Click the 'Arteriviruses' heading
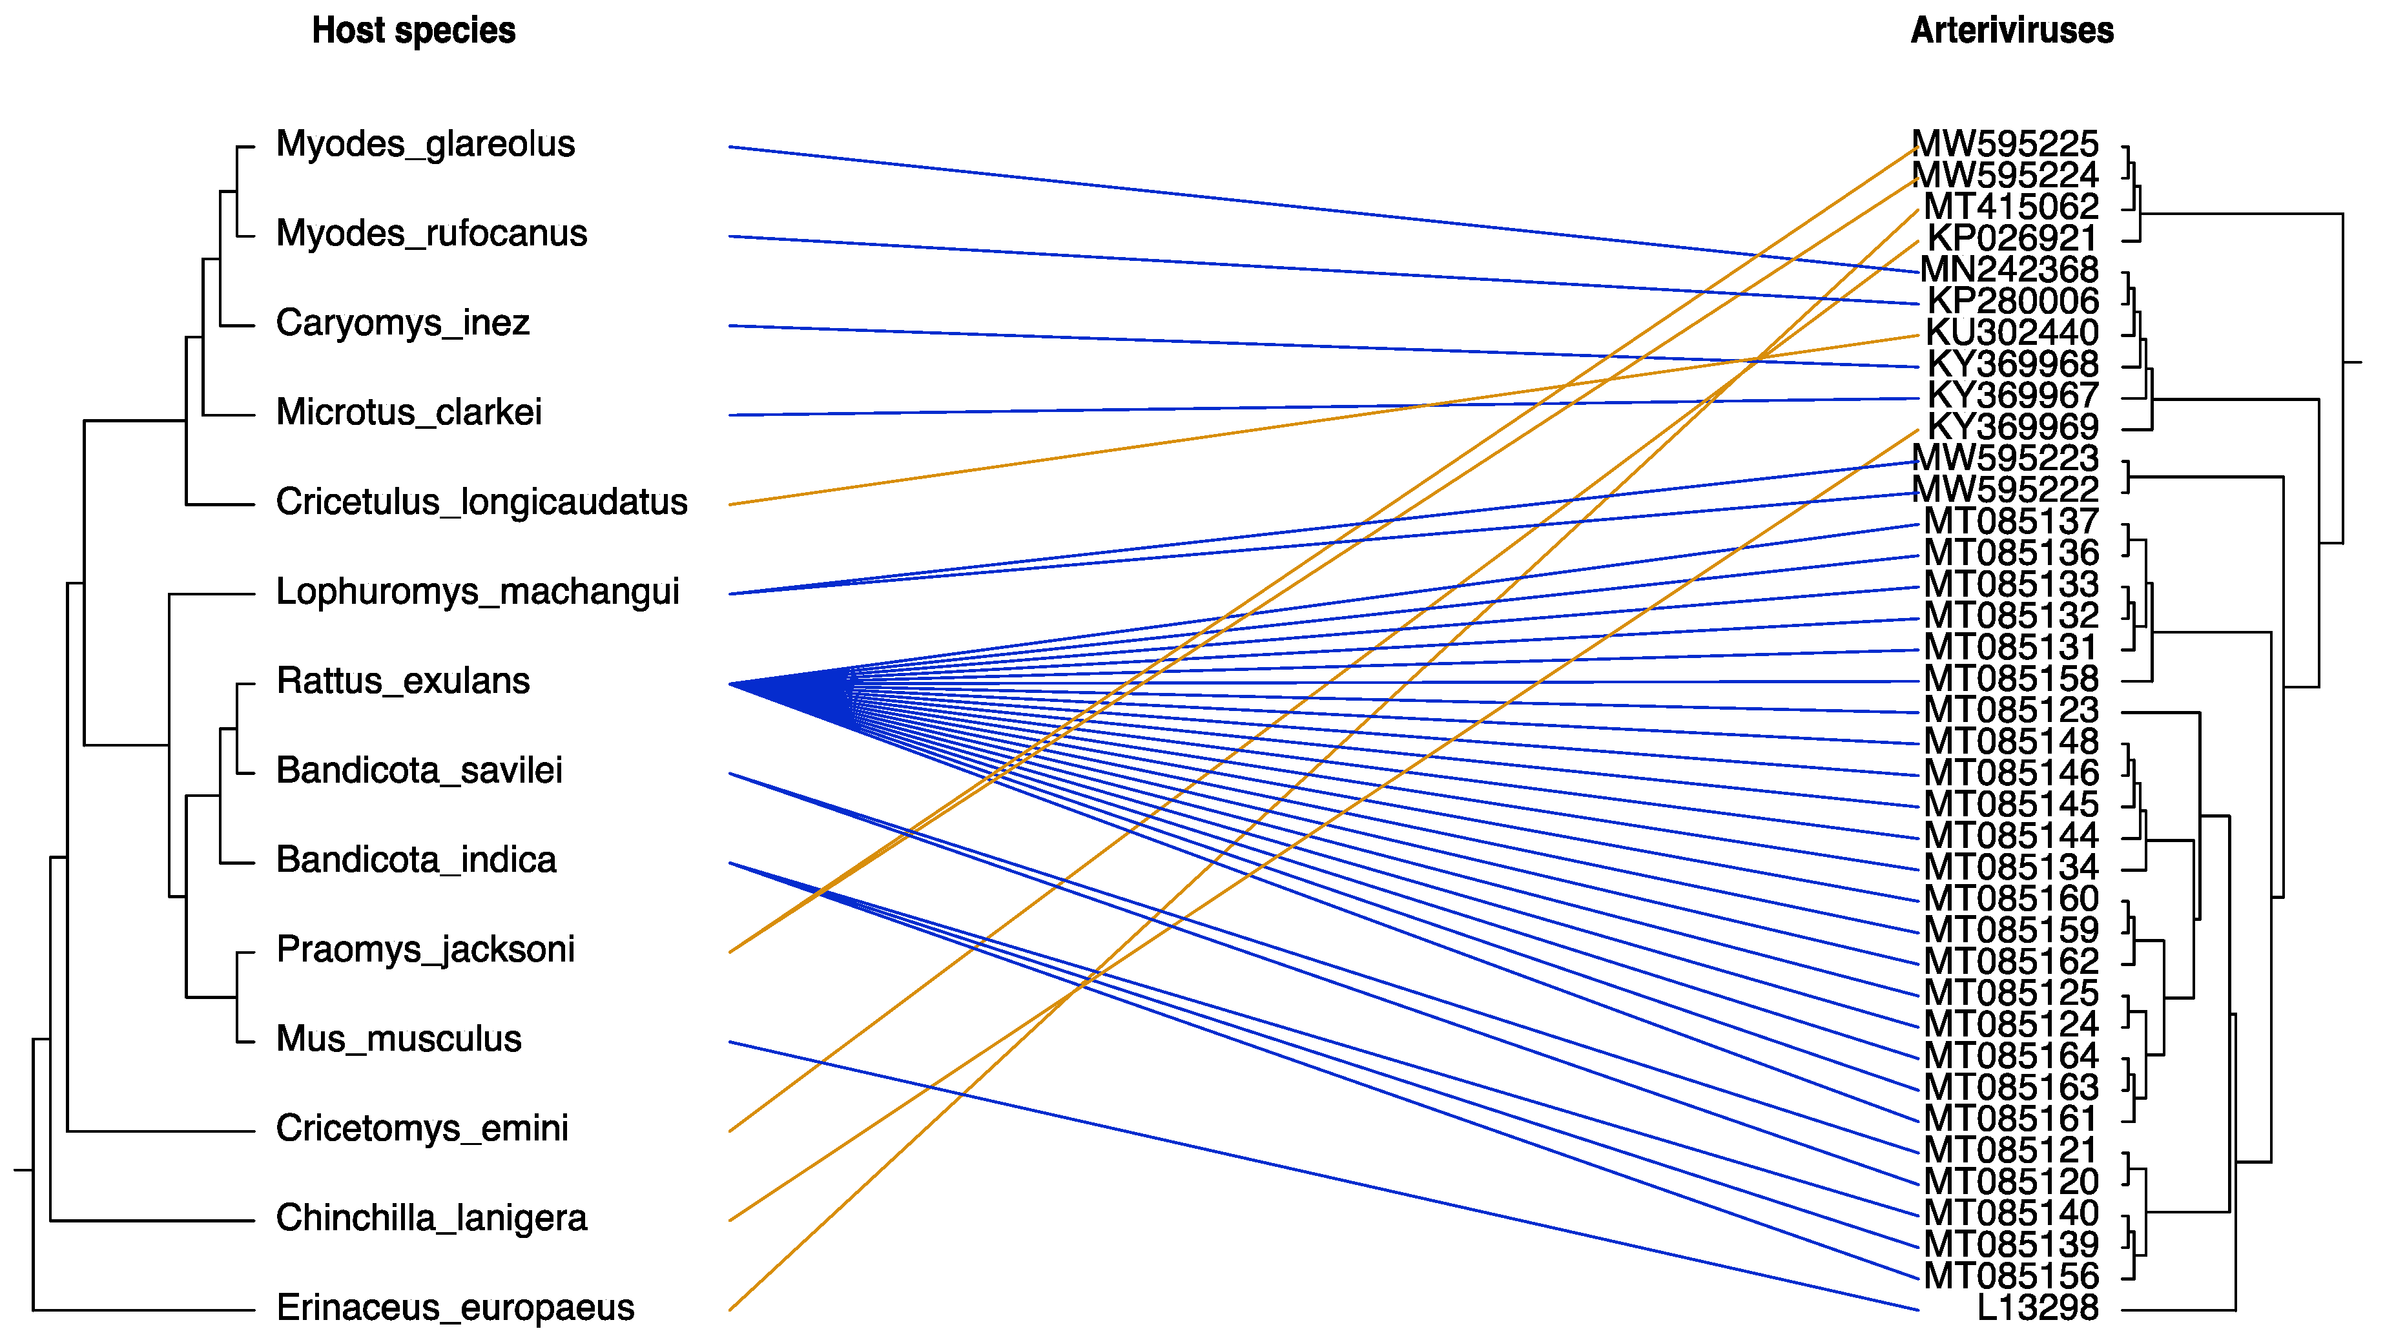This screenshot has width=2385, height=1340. [x=2011, y=30]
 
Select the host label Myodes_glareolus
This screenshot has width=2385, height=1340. [x=425, y=145]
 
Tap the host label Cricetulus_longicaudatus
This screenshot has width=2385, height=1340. [x=481, y=502]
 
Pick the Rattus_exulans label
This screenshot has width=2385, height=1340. [x=403, y=681]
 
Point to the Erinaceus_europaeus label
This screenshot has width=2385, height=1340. [x=455, y=1308]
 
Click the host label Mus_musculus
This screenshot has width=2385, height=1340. [x=398, y=1039]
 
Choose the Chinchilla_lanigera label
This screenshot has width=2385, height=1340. [x=431, y=1219]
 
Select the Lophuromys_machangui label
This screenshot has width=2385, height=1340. [x=478, y=592]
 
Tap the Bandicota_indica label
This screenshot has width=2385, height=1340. [x=416, y=860]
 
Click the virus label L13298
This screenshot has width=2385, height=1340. [x=2037, y=1308]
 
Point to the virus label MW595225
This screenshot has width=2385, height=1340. [x=2005, y=145]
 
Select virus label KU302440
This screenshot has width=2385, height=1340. [x=2012, y=333]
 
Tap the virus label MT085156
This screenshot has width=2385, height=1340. [x=2011, y=1276]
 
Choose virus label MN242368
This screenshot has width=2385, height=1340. [x=2009, y=269]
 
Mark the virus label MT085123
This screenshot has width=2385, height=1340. [x=2011, y=710]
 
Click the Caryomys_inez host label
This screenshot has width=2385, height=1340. [x=403, y=323]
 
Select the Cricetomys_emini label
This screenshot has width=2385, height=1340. [x=422, y=1129]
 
